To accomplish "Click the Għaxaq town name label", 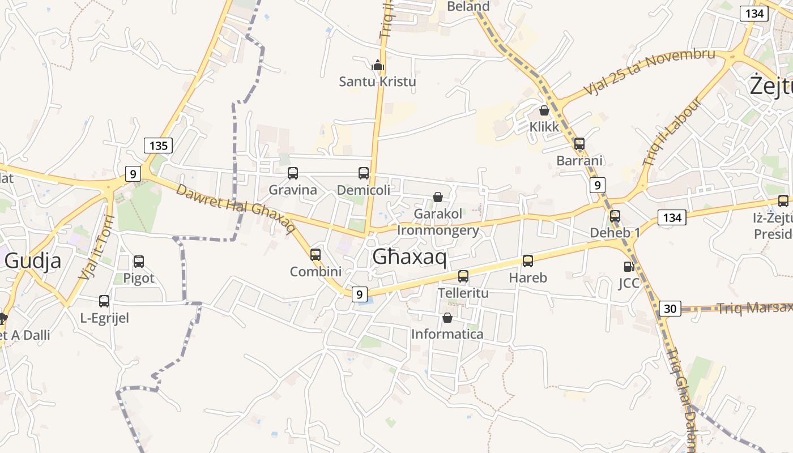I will (x=410, y=258).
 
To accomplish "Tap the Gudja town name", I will (x=33, y=261).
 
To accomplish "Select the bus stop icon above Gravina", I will (x=293, y=173).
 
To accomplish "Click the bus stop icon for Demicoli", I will (x=364, y=173).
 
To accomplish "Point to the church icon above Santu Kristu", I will (x=378, y=65).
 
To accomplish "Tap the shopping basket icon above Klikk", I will (x=544, y=110).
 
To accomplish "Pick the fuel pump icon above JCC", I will (x=629, y=266).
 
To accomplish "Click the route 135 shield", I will (x=158, y=146).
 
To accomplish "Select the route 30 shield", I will (x=670, y=309).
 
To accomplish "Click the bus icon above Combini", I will (x=316, y=255).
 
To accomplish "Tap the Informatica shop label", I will (x=447, y=334).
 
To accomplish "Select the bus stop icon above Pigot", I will (x=139, y=262).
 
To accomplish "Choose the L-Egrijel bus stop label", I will (x=105, y=318).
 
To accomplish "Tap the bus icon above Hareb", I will (x=528, y=261).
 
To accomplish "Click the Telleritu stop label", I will (x=463, y=293).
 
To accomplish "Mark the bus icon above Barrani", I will (x=579, y=144).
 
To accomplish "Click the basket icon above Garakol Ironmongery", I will (x=438, y=197).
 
